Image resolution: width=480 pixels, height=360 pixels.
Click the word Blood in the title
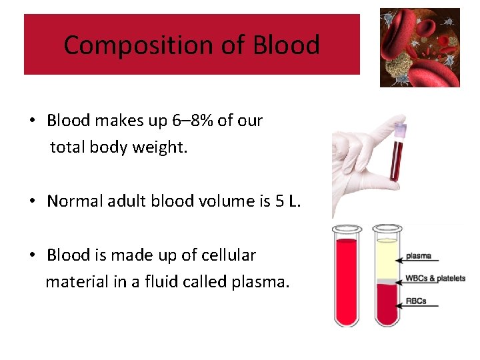point(286,45)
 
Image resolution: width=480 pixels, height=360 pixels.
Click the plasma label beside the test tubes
point(418,255)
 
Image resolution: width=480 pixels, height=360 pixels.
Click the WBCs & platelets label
point(435,278)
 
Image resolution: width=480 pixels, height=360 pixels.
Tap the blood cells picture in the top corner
point(419,47)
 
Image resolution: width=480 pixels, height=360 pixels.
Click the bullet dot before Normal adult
point(33,201)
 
